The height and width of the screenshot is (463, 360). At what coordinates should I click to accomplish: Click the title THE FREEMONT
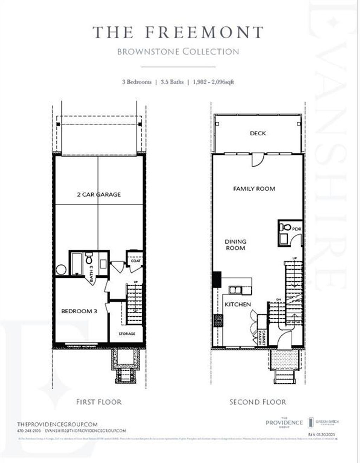click(178, 32)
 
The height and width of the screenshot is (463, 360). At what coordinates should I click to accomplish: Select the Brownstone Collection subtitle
click(178, 52)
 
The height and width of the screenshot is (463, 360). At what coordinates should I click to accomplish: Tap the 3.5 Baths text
click(172, 82)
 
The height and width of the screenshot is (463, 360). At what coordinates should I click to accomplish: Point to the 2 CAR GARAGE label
click(99, 194)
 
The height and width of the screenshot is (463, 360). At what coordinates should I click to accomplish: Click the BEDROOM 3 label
click(79, 311)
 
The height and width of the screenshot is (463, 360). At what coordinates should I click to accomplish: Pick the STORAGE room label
click(127, 334)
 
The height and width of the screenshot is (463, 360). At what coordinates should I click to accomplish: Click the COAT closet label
click(135, 261)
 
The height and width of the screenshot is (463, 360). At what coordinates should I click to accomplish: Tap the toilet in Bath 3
click(89, 259)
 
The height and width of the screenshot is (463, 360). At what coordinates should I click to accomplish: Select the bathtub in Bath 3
click(76, 263)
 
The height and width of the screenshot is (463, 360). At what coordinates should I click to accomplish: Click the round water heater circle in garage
click(61, 270)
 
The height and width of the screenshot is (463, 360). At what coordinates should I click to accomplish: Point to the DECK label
click(258, 133)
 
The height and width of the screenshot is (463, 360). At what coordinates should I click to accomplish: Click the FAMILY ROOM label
click(254, 189)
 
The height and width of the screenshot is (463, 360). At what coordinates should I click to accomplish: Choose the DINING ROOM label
click(236, 245)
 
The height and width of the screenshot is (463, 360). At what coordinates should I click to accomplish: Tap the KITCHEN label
click(238, 304)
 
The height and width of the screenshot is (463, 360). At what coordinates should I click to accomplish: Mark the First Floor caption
click(99, 402)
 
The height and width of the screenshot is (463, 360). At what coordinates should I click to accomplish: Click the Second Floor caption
click(258, 402)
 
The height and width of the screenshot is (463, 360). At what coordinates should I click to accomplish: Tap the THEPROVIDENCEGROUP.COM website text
click(57, 424)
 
